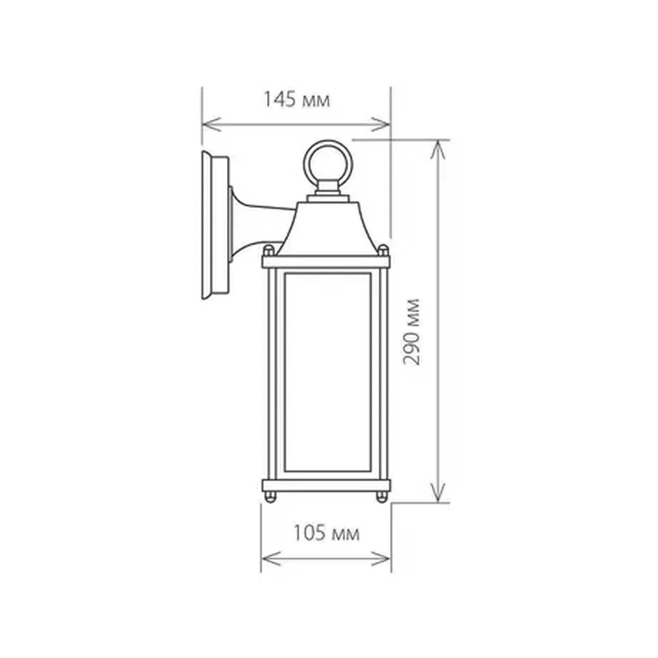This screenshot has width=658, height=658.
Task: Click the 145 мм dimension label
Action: click(x=296, y=99)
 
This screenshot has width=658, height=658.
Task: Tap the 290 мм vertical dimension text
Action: click(x=412, y=332)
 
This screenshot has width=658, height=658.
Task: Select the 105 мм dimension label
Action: click(x=326, y=533)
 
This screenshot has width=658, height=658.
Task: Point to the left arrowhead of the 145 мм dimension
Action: click(x=208, y=124)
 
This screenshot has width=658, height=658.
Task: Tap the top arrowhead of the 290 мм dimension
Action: click(x=438, y=148)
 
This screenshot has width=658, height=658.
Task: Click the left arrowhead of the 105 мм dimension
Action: click(x=268, y=559)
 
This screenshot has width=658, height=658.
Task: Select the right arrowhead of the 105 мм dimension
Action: click(x=384, y=559)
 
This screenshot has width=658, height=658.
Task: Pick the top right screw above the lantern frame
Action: click(x=383, y=251)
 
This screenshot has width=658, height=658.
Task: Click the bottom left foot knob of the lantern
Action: click(x=270, y=497)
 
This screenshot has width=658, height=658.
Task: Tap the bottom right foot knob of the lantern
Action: click(x=382, y=497)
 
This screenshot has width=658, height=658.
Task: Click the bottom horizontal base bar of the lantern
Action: click(x=326, y=486)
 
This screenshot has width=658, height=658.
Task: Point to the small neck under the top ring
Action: click(x=327, y=189)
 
